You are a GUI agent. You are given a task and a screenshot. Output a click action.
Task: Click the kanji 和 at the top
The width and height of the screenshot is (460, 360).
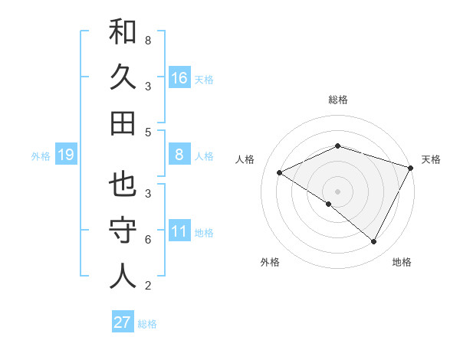123,32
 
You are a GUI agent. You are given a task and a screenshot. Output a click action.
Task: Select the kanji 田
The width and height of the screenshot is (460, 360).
123,123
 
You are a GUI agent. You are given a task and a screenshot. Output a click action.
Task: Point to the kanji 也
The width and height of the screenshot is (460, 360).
123,185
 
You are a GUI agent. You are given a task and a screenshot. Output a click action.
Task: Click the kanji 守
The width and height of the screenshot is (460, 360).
123,231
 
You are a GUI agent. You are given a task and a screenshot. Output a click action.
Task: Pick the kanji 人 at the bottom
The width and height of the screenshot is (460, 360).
123,276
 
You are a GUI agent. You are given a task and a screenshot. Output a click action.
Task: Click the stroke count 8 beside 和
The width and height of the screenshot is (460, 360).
148,40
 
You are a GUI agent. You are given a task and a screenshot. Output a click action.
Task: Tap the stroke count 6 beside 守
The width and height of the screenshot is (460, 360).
148,240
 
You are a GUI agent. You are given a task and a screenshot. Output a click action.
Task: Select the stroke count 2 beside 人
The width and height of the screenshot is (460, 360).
148,286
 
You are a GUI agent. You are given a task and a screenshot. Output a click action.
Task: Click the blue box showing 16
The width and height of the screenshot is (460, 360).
179,77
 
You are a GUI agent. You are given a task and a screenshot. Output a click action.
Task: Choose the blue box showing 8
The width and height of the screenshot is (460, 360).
179,155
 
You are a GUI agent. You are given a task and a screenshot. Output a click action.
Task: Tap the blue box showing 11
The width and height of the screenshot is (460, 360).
179,231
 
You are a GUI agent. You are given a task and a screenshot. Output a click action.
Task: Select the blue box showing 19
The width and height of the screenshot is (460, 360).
66,155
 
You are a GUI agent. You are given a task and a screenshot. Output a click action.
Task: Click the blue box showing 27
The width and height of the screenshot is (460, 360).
123,322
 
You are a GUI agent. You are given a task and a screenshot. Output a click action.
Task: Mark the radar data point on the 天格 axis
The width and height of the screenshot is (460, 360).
411,169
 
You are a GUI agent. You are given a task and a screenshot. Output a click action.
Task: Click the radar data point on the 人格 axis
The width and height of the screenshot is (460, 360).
280,173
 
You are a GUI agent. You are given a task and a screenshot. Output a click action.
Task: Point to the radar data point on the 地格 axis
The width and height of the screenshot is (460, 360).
374,242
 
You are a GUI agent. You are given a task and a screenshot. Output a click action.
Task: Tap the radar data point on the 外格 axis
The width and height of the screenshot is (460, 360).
329,205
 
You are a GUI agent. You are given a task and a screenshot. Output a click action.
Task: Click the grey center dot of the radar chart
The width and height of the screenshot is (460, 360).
337,191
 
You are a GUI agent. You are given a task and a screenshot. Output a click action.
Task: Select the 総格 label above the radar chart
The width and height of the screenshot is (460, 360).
337,100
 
